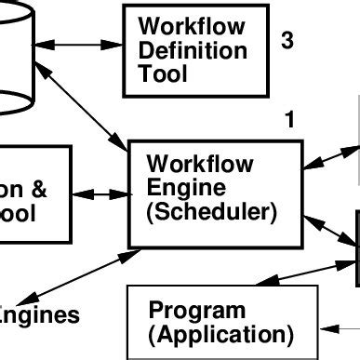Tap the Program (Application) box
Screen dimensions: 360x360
click(220, 322)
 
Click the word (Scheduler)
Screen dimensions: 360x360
click(212, 211)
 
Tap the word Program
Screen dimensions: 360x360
click(197, 310)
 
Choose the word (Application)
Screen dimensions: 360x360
click(221, 333)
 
